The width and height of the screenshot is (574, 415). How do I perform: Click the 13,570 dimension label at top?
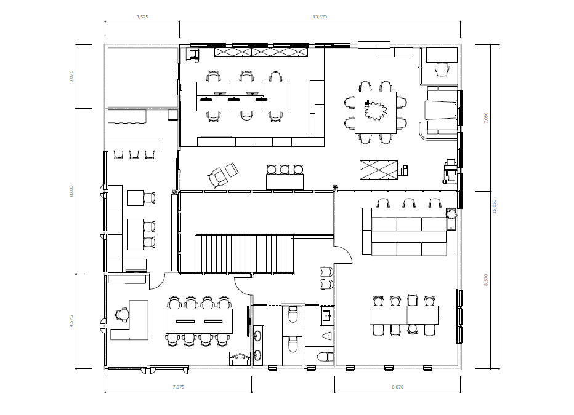click(320, 17)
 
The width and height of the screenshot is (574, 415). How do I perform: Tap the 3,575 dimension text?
click(142, 17)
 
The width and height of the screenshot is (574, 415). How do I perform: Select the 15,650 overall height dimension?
click(494, 206)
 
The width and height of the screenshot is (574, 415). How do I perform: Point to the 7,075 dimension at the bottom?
click(178, 387)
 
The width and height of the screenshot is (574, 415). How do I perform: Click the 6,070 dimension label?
click(397, 387)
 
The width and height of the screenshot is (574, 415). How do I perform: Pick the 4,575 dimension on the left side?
click(71, 322)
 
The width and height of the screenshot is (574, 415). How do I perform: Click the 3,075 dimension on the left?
click(71, 76)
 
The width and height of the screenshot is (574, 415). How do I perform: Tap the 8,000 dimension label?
click(71, 191)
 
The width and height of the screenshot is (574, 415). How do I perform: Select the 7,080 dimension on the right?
click(486, 117)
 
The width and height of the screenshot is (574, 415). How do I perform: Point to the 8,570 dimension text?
click(486, 280)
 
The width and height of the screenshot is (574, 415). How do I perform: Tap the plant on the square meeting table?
click(375, 111)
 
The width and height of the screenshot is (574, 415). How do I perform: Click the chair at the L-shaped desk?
click(122, 315)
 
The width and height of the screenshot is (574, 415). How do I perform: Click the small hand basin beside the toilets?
click(326, 316)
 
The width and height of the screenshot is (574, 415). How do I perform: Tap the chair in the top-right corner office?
click(442, 69)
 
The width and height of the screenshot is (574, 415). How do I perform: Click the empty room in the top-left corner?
click(142, 76)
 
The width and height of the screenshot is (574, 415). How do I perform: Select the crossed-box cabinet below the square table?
click(378, 169)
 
